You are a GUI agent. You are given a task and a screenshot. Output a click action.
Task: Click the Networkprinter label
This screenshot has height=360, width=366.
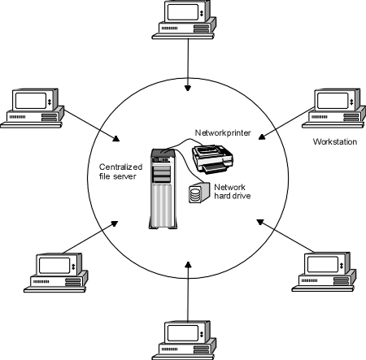[223, 132]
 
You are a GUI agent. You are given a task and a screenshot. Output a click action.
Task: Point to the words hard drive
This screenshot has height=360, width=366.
[232, 197]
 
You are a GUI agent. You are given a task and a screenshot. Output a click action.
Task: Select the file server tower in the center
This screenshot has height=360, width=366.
[161, 189]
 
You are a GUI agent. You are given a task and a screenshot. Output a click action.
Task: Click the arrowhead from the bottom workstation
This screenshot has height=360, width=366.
[188, 263]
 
